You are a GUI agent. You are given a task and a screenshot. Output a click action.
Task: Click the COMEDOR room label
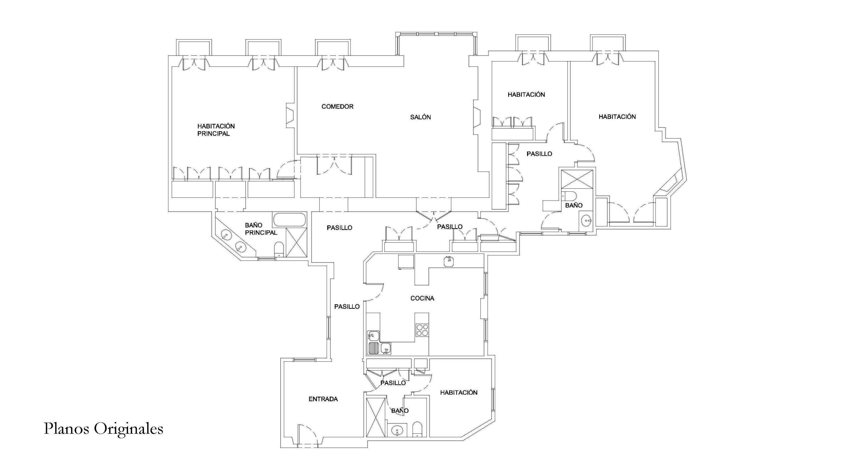[x=337, y=106]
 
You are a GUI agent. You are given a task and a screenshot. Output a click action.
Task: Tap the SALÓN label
[x=420, y=117]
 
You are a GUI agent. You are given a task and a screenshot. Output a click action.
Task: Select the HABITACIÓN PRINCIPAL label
[x=216, y=130]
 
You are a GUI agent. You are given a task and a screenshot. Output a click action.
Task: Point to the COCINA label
[x=422, y=298]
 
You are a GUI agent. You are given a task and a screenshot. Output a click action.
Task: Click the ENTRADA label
[x=323, y=399]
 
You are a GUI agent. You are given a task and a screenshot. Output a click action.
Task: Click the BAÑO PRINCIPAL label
[x=261, y=229]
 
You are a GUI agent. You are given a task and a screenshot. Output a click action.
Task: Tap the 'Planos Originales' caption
[x=104, y=429]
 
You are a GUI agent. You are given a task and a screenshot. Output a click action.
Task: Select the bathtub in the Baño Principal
[x=289, y=220]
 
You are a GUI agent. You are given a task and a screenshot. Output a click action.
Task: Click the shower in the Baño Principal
[x=296, y=242]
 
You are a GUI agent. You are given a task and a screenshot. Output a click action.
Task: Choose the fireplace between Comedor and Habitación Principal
[x=290, y=116]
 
